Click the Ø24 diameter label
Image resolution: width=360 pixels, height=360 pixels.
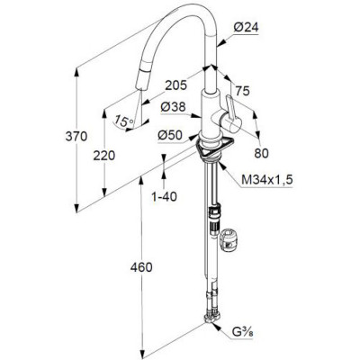pyautogui.click(x=246, y=28)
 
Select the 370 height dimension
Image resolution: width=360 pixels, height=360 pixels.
pyautogui.click(x=76, y=137)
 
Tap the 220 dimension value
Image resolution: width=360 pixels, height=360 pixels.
pyautogui.click(x=103, y=156)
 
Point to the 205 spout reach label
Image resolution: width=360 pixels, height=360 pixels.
pyautogui.click(x=176, y=85)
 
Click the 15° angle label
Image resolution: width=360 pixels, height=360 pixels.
pyautogui.click(x=123, y=121)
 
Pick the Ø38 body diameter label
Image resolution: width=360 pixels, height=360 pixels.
pyautogui.click(x=173, y=107)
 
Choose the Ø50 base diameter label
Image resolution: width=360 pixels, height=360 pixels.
pyautogui.click(x=170, y=136)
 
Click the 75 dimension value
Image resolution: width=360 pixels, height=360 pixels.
pyautogui.click(x=242, y=91)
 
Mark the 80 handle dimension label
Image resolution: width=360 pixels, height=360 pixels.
pyautogui.click(x=261, y=153)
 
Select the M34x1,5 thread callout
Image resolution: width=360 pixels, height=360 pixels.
pyautogui.click(x=267, y=180)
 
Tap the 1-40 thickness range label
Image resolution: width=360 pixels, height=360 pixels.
pyautogui.click(x=164, y=197)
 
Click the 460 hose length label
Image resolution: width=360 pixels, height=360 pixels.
pyautogui.click(x=141, y=267)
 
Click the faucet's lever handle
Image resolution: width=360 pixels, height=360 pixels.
pyautogui.click(x=231, y=113)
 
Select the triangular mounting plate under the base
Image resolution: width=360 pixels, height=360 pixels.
pyautogui.click(x=215, y=148)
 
